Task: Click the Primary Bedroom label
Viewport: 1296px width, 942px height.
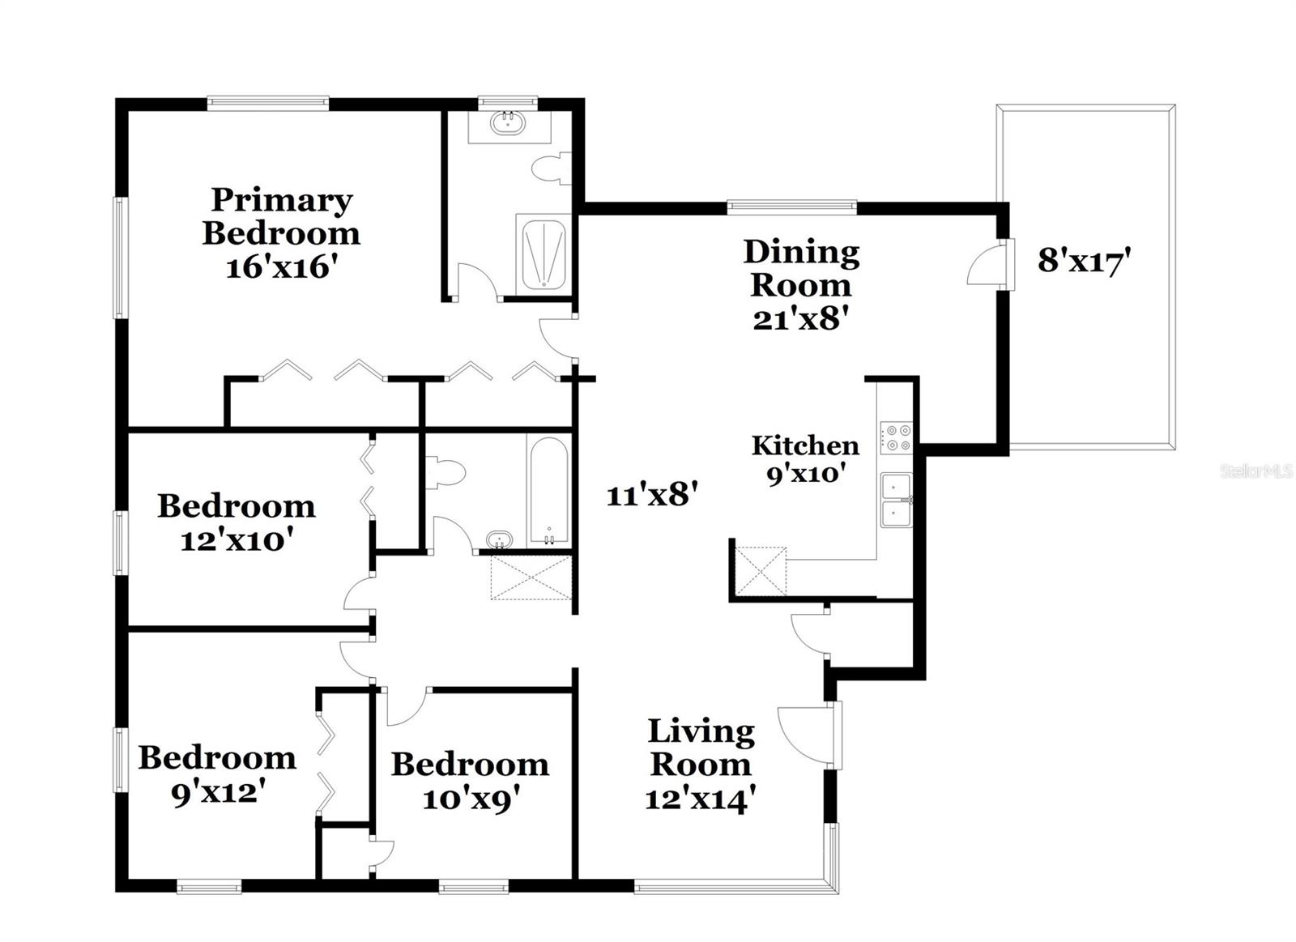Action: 281,216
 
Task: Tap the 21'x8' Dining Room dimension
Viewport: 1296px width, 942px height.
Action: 800,319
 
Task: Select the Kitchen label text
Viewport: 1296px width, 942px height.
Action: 804,445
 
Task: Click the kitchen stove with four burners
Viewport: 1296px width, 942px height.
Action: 897,438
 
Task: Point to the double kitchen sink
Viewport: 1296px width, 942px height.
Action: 897,501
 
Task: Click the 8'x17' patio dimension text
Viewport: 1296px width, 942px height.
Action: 1083,262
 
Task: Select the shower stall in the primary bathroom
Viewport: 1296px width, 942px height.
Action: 544,252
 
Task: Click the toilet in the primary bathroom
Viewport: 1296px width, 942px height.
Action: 550,168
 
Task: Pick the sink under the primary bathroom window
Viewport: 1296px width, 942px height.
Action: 509,122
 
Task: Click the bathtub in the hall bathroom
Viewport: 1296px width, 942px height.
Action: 548,491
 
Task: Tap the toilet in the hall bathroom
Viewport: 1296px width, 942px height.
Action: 446,472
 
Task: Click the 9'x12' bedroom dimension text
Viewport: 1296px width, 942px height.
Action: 218,792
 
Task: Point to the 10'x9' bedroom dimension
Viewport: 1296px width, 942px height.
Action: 471,799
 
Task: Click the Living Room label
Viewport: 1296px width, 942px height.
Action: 701,748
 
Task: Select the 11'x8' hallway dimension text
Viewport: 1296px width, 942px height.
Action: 652,493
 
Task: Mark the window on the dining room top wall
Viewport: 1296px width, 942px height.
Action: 791,207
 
